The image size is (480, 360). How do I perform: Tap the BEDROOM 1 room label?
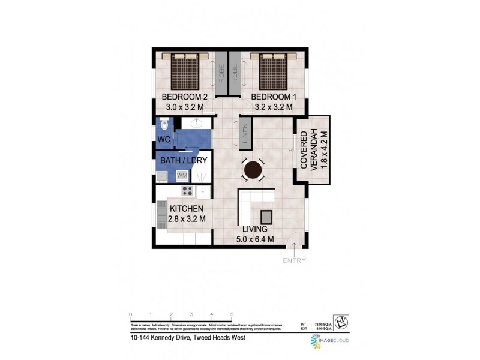click(x=273, y=97)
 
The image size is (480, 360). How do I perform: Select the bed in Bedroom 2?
click(x=185, y=72)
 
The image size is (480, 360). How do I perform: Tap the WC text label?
click(x=164, y=140)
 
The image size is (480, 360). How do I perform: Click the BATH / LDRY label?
click(x=184, y=160)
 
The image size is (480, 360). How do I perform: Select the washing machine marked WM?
click(x=182, y=175)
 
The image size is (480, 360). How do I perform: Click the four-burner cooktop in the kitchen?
click(x=187, y=191)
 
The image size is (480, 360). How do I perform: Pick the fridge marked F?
click(x=203, y=191)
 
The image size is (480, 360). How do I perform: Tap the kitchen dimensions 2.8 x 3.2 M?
click(x=187, y=219)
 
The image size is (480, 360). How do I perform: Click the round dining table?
click(x=253, y=170)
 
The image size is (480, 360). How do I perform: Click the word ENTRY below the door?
click(x=294, y=260)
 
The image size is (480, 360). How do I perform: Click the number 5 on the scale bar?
click(x=232, y=314)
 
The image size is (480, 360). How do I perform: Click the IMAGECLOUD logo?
click(x=329, y=341)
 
